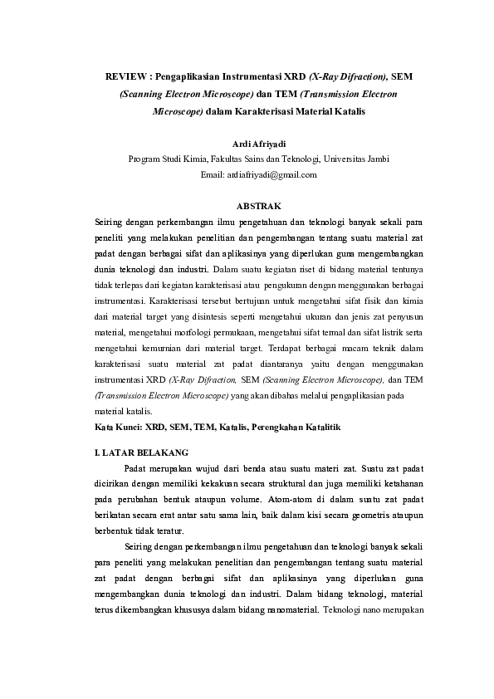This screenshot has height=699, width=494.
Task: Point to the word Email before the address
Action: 212,174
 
